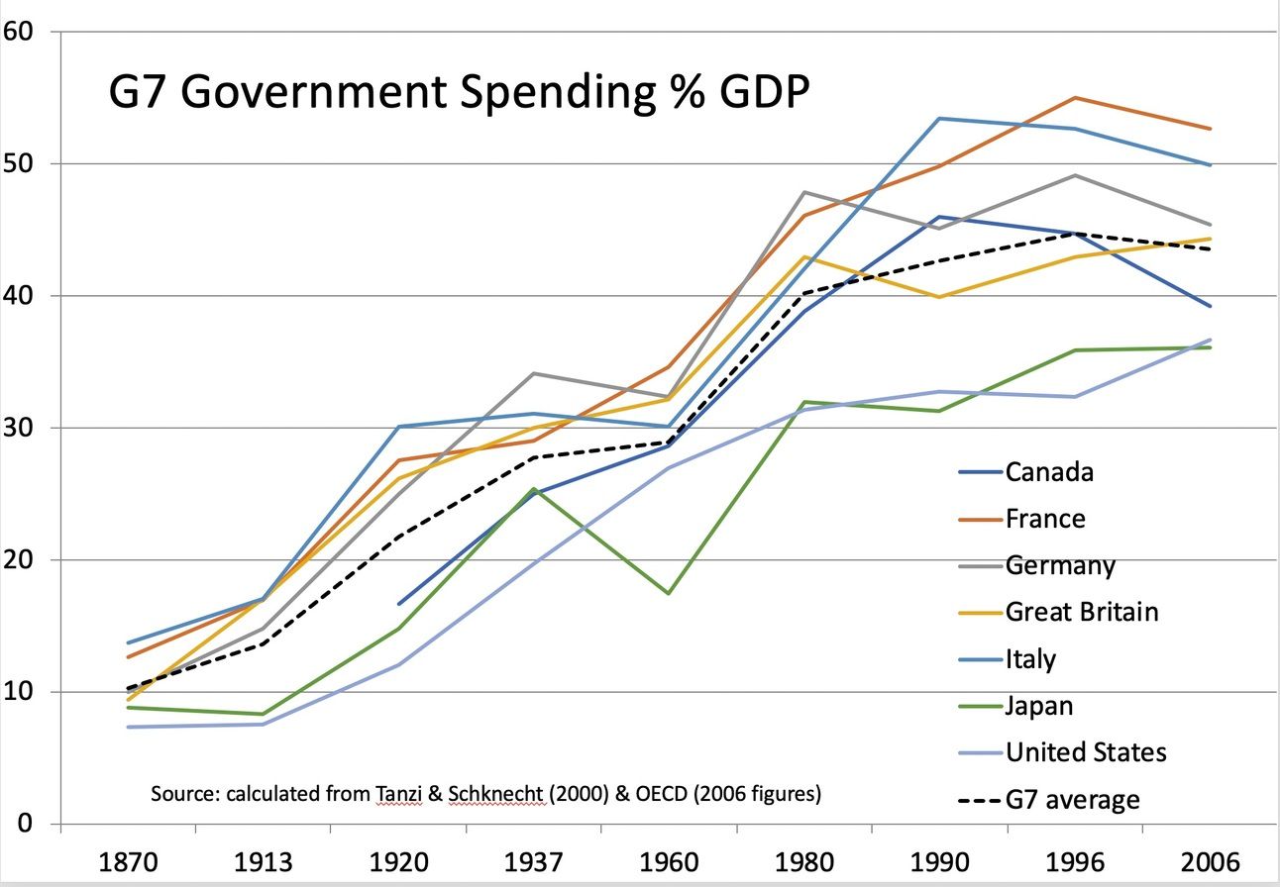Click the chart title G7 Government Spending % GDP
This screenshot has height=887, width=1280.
pyautogui.click(x=459, y=94)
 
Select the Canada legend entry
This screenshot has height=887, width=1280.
pyautogui.click(x=1049, y=471)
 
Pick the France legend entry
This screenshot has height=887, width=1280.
pyautogui.click(x=1045, y=519)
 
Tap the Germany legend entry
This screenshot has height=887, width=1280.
pyautogui.click(x=1060, y=565)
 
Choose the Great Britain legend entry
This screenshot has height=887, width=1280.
pyautogui.click(x=1082, y=612)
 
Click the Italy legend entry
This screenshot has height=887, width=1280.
pyautogui.click(x=1030, y=658)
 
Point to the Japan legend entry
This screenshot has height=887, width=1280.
pyautogui.click(x=1039, y=705)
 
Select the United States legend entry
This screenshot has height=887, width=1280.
pyautogui.click(x=1086, y=752)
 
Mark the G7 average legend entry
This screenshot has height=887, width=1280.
pyautogui.click(x=1072, y=799)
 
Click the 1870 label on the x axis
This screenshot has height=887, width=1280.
pyautogui.click(x=129, y=859)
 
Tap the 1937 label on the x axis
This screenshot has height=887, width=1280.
pyautogui.click(x=534, y=859)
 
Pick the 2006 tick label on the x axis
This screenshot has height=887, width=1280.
pyautogui.click(x=1211, y=859)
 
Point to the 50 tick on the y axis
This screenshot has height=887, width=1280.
pyautogui.click(x=20, y=163)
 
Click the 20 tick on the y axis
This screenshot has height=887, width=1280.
pyautogui.click(x=20, y=560)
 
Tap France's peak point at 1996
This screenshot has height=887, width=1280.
pyautogui.click(x=1075, y=98)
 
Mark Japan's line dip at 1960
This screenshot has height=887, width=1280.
pyautogui.click(x=670, y=593)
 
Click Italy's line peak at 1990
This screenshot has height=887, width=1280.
pyautogui.click(x=939, y=119)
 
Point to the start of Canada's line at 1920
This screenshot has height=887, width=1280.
pyautogui.click(x=399, y=604)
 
